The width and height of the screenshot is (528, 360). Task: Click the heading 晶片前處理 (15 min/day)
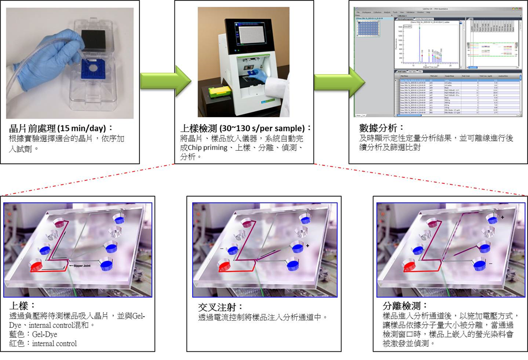coord(61,128)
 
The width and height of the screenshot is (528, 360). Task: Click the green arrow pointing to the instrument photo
coord(156,80)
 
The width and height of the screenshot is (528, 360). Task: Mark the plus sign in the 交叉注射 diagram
coord(307,246)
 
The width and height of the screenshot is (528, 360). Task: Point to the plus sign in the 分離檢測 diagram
coord(503,218)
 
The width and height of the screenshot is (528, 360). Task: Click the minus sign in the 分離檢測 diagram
coord(491,263)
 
